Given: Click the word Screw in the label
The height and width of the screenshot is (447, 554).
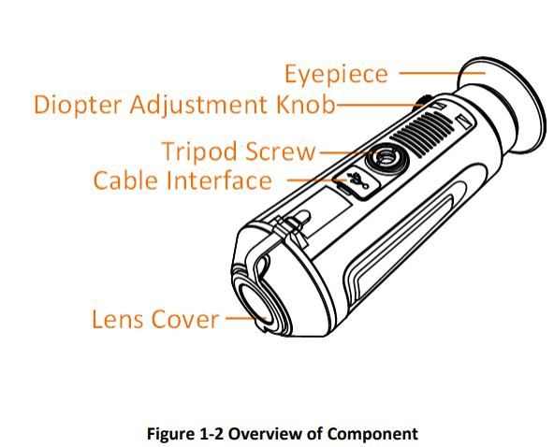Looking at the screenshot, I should click(280, 151).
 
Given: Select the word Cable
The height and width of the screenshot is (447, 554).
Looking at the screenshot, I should click(126, 180).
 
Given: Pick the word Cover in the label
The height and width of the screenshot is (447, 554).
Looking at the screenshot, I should click(185, 319).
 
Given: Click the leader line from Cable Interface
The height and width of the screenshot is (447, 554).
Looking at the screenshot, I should click(311, 180).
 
